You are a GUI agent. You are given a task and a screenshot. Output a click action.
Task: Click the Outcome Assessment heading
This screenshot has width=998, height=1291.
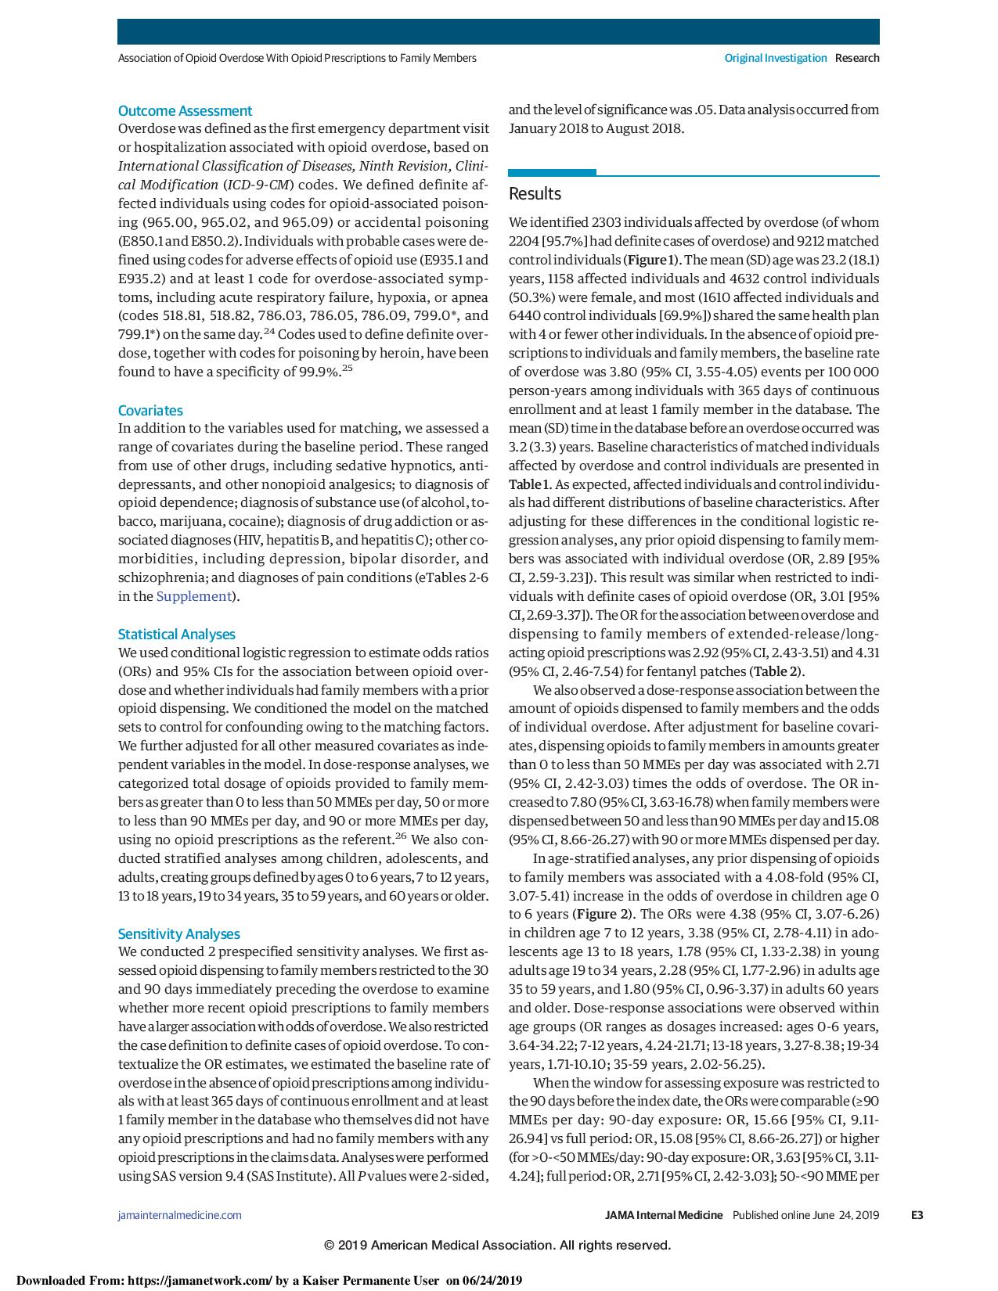click(x=185, y=111)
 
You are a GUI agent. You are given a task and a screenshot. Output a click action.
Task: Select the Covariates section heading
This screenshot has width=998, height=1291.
click(x=150, y=411)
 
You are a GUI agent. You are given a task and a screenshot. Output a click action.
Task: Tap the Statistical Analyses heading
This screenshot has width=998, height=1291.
click(x=176, y=635)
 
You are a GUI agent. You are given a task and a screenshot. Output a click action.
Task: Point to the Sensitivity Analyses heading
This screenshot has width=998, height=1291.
click(x=178, y=934)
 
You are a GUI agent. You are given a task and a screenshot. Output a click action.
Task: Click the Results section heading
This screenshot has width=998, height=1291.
click(x=535, y=194)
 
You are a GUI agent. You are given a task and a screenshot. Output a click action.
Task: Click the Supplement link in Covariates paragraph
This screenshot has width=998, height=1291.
click(x=193, y=597)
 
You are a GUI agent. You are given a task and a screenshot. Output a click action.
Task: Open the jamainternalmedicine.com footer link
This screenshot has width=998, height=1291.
click(x=179, y=1215)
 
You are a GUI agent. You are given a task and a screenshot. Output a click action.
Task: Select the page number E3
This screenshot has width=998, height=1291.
click(x=917, y=1215)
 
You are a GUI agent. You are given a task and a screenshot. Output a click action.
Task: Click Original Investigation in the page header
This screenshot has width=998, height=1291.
click(x=775, y=58)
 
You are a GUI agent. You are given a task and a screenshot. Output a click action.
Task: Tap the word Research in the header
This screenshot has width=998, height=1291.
click(x=857, y=58)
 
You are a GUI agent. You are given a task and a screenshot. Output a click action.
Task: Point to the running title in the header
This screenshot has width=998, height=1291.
click(x=297, y=58)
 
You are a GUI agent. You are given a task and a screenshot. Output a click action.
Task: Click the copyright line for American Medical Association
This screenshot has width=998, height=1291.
click(x=498, y=1245)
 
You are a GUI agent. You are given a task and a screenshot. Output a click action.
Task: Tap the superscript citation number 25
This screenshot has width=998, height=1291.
click(x=347, y=369)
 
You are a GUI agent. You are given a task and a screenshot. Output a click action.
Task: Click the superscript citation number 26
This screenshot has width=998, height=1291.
click(x=400, y=836)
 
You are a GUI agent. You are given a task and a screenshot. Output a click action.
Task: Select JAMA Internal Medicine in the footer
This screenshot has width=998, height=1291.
click(x=664, y=1215)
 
